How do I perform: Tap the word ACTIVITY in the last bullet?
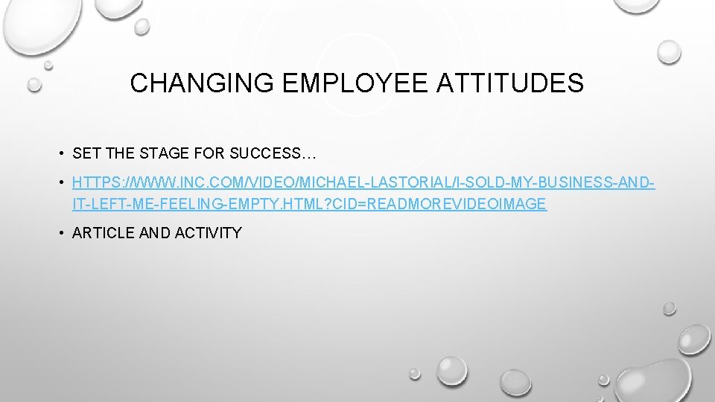click(208, 233)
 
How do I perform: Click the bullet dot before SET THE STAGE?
click(60, 154)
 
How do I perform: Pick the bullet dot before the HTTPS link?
click(60, 182)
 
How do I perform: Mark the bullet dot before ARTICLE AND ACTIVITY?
click(60, 233)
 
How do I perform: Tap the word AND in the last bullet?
click(154, 233)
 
